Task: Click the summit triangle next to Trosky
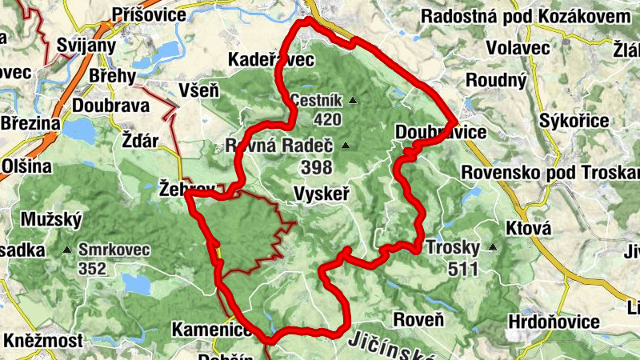(x=493, y=247)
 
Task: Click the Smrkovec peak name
(x=114, y=249)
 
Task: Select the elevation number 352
(x=93, y=269)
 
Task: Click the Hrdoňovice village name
(x=553, y=322)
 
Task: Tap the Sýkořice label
(x=574, y=120)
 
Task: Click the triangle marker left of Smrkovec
(x=66, y=250)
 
